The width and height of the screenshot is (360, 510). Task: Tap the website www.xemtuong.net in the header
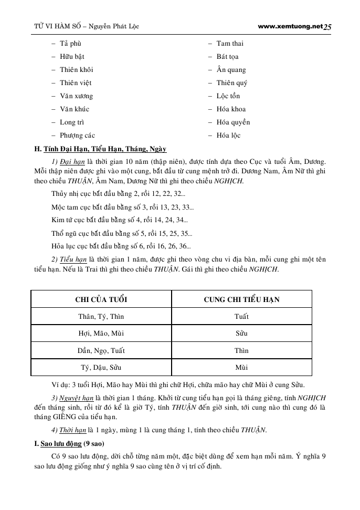tap(291, 26)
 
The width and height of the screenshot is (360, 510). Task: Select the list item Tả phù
tap(71, 44)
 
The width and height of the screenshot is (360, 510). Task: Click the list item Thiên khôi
tap(77, 70)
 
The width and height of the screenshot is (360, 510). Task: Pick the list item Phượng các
tap(78, 136)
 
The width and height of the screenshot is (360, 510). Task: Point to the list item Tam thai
tap(230, 44)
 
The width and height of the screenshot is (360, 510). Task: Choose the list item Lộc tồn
tap(228, 96)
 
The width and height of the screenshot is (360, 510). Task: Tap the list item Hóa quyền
tap(233, 122)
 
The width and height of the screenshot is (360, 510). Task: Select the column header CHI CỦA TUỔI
tap(101, 299)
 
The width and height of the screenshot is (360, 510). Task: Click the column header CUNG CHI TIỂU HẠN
tap(241, 299)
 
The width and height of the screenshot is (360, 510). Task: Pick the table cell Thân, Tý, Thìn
tap(101, 317)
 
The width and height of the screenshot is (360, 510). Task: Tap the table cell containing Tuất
tap(241, 317)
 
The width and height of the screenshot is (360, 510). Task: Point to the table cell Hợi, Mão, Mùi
tap(101, 334)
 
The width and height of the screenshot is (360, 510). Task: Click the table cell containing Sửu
tap(241, 334)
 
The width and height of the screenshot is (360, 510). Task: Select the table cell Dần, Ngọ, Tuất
tap(101, 351)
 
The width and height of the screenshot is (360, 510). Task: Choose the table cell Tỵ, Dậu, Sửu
tap(101, 368)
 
